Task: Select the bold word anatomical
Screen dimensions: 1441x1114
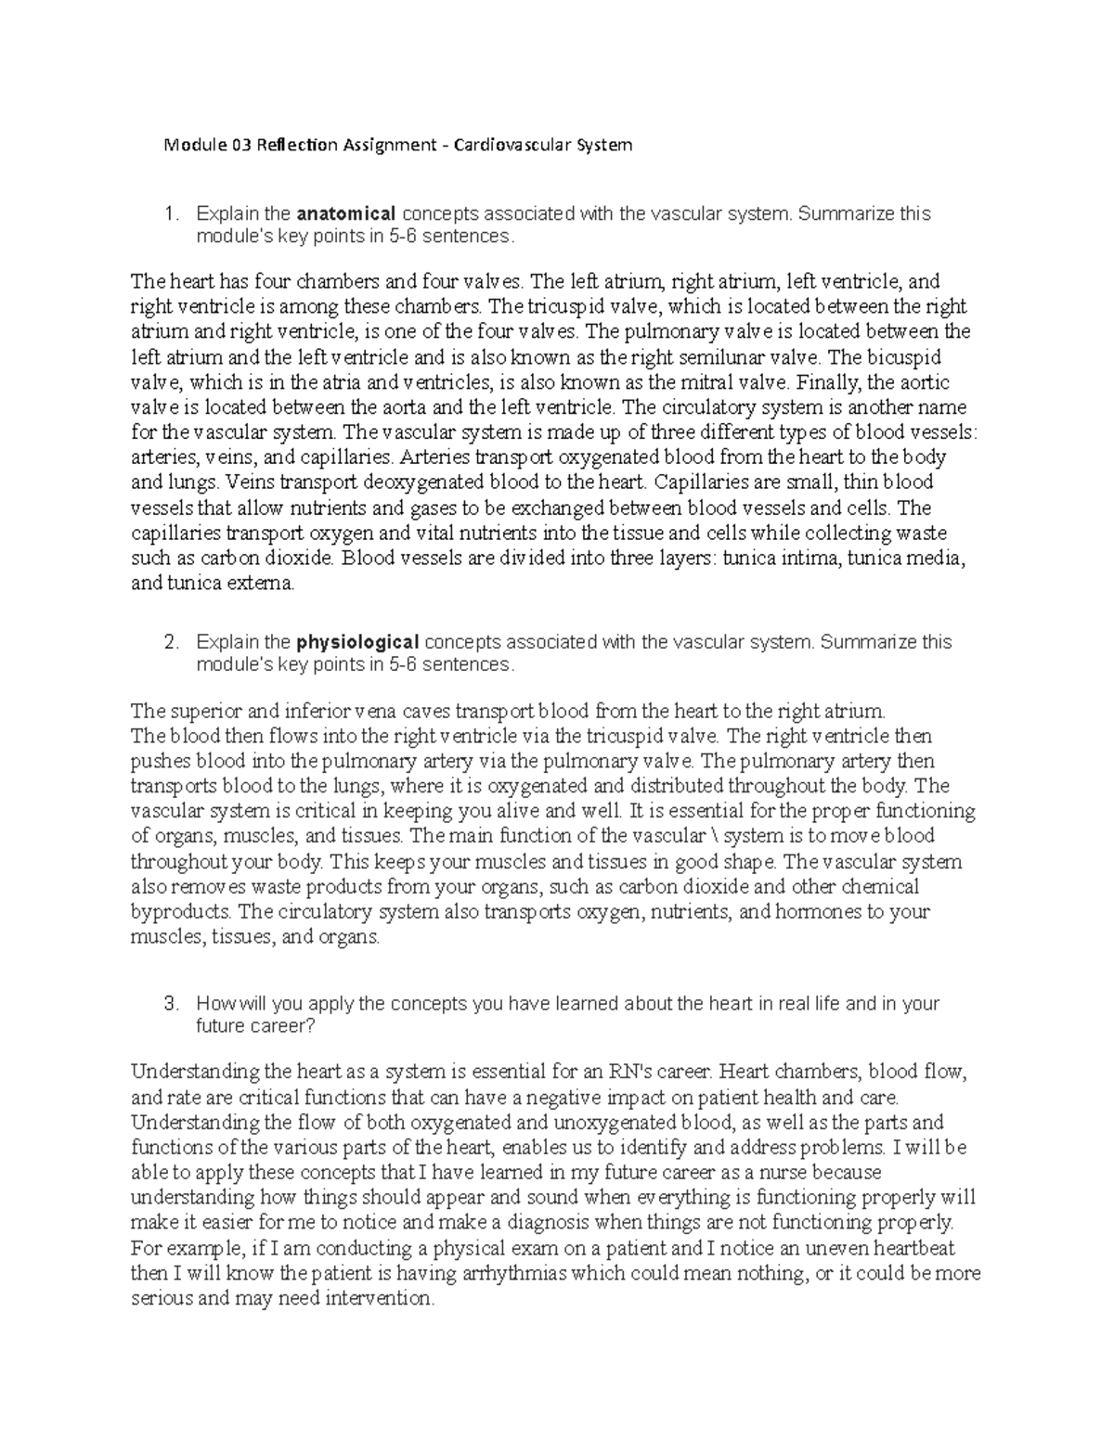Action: pos(347,213)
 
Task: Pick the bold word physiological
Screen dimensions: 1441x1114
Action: pos(358,642)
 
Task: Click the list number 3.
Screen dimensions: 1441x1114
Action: pos(169,1004)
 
